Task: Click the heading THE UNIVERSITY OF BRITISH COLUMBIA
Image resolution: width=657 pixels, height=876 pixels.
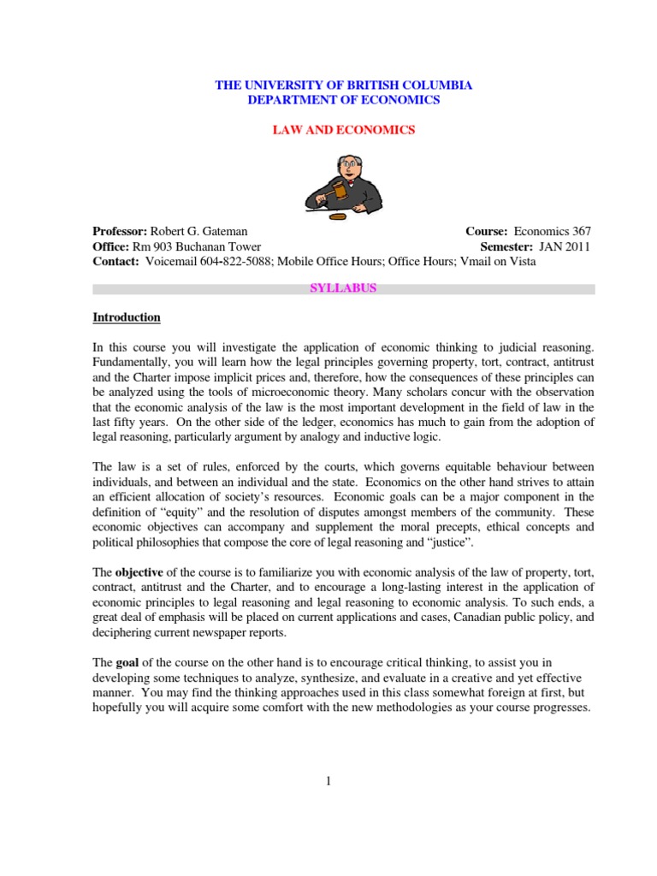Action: coord(343,86)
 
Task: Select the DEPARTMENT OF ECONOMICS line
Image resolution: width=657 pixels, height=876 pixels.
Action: coord(343,100)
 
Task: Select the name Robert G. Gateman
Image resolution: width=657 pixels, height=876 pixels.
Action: coord(199,232)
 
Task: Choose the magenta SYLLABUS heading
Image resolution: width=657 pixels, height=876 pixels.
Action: coord(343,288)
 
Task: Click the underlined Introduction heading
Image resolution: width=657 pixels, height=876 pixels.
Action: coord(127,317)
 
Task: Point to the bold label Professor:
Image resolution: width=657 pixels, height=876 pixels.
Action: coord(121,232)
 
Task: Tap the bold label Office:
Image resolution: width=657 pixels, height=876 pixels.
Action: coord(109,246)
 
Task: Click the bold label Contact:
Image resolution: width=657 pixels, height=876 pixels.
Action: coord(115,261)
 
